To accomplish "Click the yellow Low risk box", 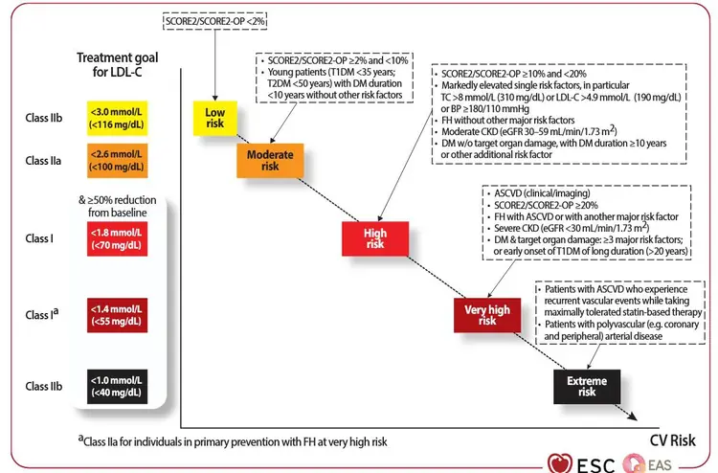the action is click(214, 118).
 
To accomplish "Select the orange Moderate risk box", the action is click(270, 160).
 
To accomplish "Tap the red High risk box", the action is click(375, 238).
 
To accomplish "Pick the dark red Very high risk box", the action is click(487, 315).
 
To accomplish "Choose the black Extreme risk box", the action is click(587, 387).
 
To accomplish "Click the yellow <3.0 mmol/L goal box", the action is click(117, 118).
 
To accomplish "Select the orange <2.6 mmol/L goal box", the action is click(117, 161).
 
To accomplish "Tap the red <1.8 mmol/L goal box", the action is click(117, 238).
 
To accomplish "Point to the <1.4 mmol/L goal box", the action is click(117, 315).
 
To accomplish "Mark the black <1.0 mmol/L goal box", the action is click(117, 387).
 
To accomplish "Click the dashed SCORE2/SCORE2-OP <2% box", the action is click(214, 21).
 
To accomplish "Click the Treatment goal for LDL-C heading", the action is click(117, 64).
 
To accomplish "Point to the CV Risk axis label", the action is click(673, 440).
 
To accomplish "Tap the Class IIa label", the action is click(43, 161).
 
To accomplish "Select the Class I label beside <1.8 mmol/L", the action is click(39, 238).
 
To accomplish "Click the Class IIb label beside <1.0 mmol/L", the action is click(43, 387).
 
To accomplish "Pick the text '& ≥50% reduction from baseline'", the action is click(117, 206).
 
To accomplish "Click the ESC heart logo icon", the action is click(560, 463).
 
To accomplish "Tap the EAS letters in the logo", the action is click(660, 465).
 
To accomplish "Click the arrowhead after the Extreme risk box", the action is click(632, 416).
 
